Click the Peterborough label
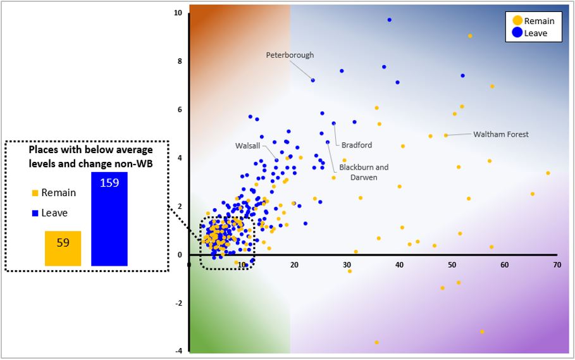click(290, 55)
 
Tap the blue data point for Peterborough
click(313, 80)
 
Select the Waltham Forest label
click(501, 134)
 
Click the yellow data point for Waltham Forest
click(446, 135)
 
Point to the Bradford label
click(356, 145)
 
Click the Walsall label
click(247, 146)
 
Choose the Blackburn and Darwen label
click(364, 172)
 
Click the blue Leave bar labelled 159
click(109, 219)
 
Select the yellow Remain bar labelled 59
click(63, 248)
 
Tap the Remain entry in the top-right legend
click(533, 21)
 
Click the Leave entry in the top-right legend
click(530, 33)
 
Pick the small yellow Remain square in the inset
click(35, 193)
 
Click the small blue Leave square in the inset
click(35, 213)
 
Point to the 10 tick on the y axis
click(178, 13)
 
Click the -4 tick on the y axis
click(178, 351)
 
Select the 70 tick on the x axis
click(557, 264)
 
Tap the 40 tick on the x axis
click(399, 264)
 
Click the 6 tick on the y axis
click(180, 109)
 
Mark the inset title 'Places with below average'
click(90, 149)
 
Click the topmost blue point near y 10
click(390, 20)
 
